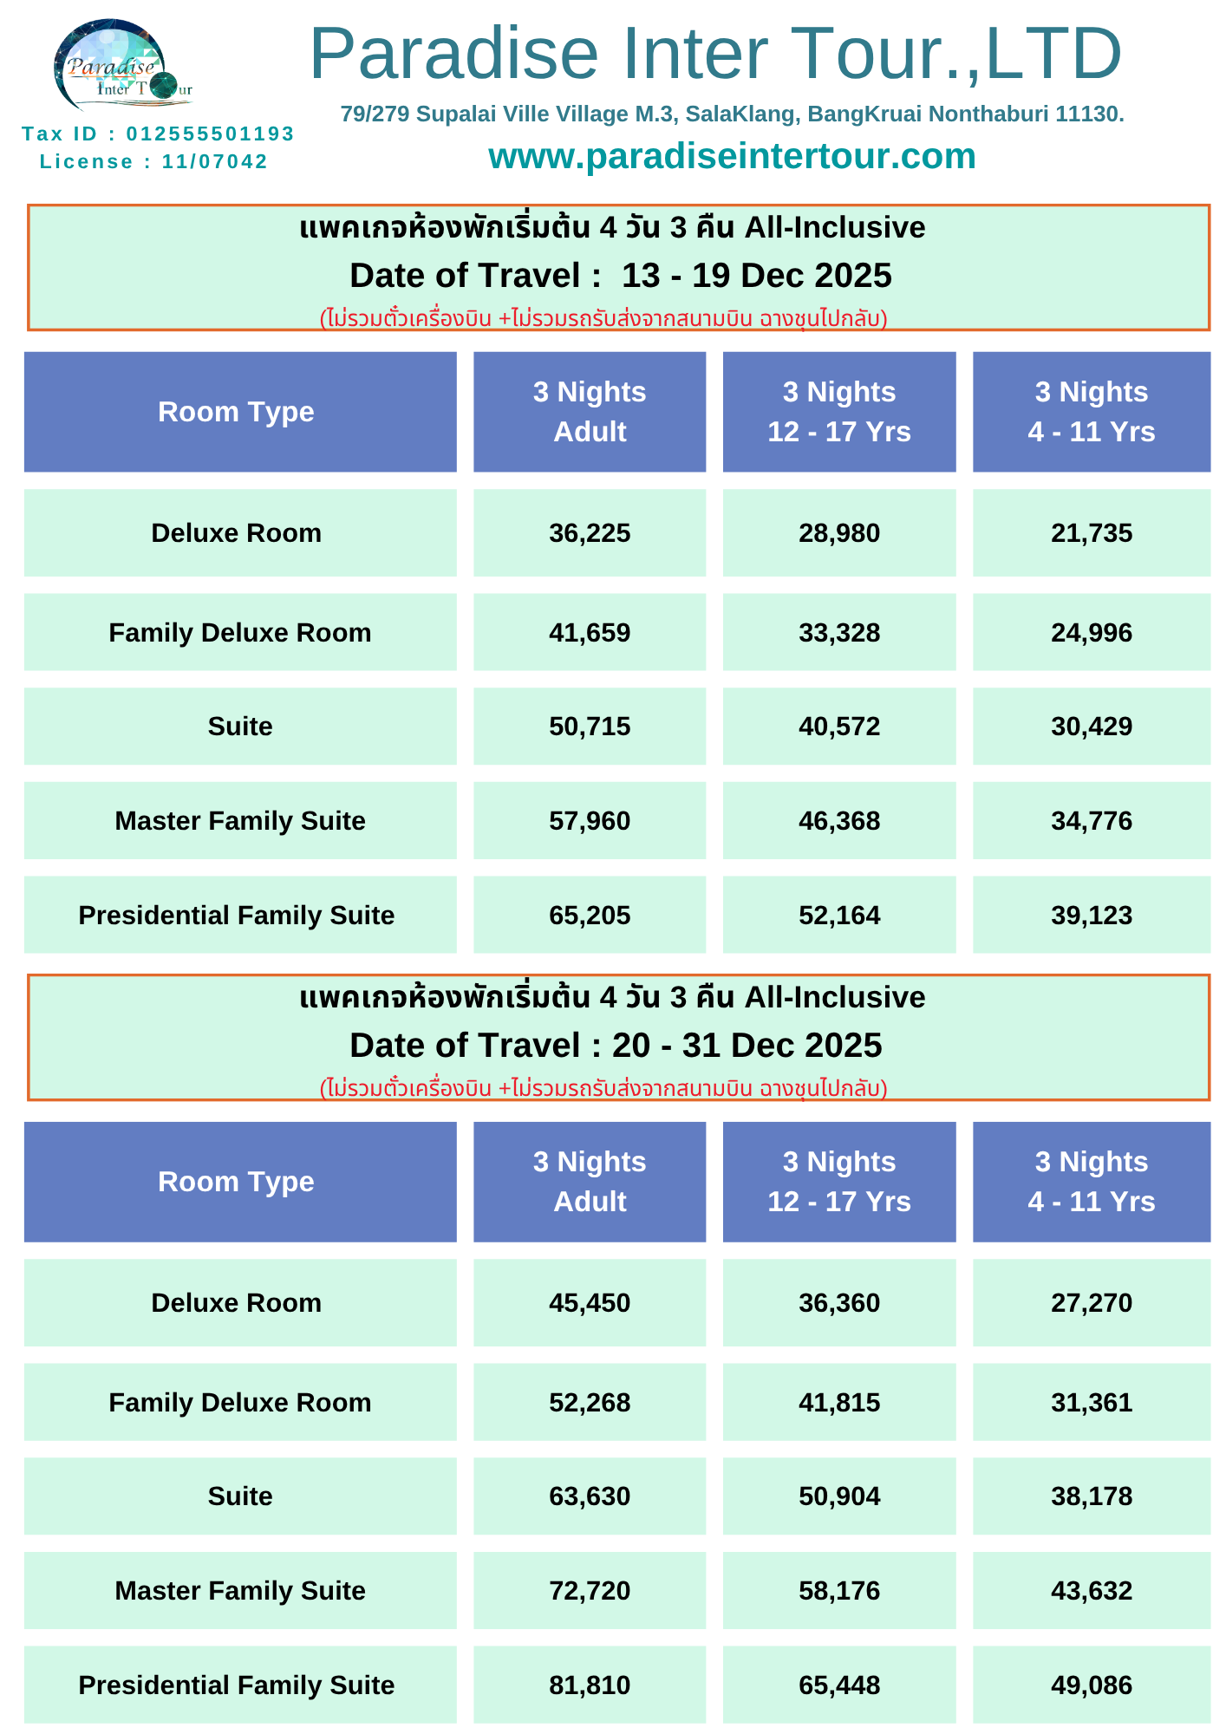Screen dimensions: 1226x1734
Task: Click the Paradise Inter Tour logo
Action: click(x=123, y=66)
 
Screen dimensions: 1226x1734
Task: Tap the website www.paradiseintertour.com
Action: click(x=732, y=156)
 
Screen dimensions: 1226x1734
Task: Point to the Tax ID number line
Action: click(x=158, y=134)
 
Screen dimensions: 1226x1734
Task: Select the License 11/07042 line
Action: click(x=153, y=161)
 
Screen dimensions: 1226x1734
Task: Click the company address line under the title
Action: click(x=732, y=114)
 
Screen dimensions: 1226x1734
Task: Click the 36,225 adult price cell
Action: click(x=590, y=532)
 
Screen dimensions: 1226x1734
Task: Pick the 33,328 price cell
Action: click(x=839, y=632)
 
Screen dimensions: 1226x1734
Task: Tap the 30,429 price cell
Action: click(x=1092, y=726)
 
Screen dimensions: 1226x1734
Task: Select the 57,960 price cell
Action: click(x=590, y=820)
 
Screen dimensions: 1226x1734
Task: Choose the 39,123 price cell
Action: click(x=1092, y=915)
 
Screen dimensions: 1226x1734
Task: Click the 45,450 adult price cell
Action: click(x=590, y=1302)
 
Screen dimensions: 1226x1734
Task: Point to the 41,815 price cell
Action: click(x=839, y=1402)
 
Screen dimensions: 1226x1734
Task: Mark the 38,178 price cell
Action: click(x=1092, y=1496)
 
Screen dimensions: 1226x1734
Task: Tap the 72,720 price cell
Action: click(x=590, y=1590)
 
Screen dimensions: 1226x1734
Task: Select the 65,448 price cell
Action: click(x=839, y=1685)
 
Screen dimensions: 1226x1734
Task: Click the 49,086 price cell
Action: click(x=1092, y=1685)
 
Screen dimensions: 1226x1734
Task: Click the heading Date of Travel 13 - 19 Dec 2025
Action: click(x=620, y=276)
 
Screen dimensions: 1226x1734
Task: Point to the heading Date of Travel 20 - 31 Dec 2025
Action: click(x=616, y=1046)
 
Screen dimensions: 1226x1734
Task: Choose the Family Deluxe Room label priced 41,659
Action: click(x=240, y=633)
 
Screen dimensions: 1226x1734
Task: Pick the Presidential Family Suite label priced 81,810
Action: click(x=236, y=1685)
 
